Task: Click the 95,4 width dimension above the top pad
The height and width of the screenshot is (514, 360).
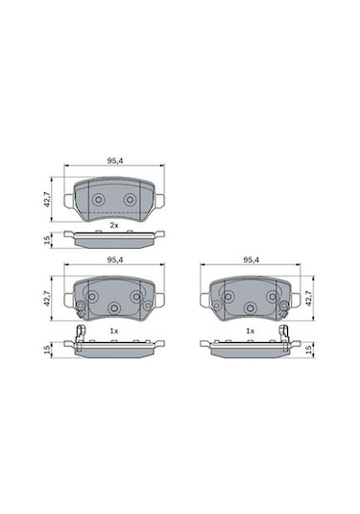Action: [113, 161]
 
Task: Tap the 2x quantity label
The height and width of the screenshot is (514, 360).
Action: [113, 225]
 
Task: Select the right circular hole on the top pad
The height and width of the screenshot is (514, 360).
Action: [132, 199]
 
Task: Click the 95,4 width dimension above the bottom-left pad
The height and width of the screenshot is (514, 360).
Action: [113, 260]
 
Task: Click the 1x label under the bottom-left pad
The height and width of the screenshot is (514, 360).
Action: [113, 330]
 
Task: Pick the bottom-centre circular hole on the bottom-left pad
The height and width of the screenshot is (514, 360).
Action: [113, 307]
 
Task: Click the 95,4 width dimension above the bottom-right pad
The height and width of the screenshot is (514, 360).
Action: [251, 260]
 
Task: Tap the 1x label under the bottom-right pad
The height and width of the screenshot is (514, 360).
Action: [251, 330]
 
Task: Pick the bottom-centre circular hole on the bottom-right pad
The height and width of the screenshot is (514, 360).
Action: [251, 307]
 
